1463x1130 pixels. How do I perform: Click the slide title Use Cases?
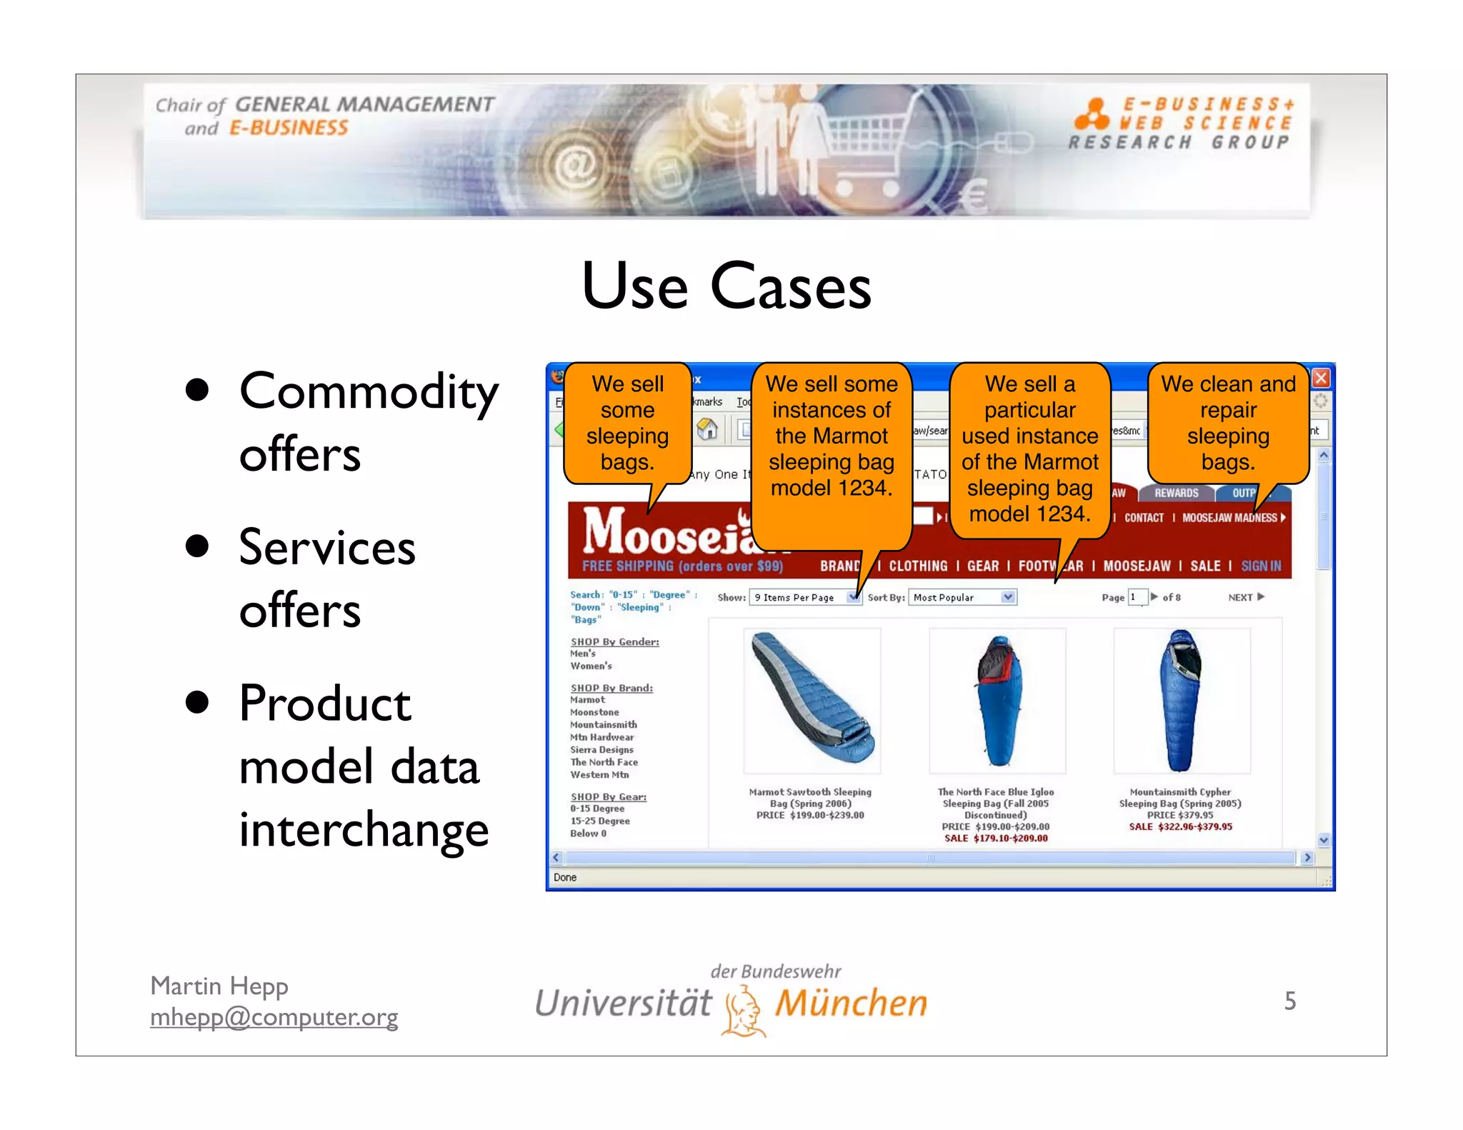(726, 286)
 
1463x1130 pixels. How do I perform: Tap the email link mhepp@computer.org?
(274, 1016)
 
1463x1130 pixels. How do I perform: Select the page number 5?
(1289, 1001)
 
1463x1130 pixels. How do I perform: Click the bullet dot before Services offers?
(196, 546)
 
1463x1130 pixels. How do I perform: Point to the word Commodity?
(368, 391)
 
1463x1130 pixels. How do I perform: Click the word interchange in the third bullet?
(363, 829)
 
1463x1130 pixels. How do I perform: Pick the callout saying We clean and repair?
(1227, 423)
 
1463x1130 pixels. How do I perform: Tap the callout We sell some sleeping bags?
(627, 423)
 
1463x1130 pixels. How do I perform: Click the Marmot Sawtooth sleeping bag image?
(812, 700)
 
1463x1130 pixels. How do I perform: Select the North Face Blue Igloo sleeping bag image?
(997, 700)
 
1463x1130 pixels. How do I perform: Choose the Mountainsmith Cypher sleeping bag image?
(1182, 700)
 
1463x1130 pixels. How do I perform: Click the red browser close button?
(1321, 378)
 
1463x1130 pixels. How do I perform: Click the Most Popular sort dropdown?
(962, 597)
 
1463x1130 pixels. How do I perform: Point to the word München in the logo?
(851, 1004)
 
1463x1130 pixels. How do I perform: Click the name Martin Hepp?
(219, 986)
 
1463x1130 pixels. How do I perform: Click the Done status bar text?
(564, 877)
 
